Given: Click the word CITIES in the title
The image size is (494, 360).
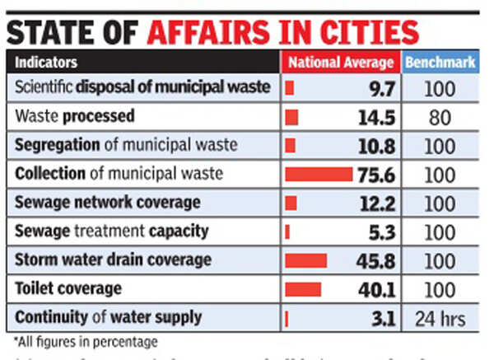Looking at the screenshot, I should (x=363, y=32).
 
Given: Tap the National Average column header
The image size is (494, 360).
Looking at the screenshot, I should (x=340, y=63).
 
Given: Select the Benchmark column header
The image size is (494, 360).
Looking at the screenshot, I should (x=440, y=63).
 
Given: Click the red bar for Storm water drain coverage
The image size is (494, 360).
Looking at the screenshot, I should (x=305, y=260).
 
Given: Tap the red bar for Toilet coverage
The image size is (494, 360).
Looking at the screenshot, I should (x=303, y=289).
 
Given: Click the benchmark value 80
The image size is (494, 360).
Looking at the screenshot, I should (x=440, y=117).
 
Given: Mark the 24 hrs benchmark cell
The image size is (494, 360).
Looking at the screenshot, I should (x=440, y=318).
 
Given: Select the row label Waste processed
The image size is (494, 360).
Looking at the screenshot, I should (x=74, y=116).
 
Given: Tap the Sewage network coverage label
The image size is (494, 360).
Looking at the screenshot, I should (x=107, y=203).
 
